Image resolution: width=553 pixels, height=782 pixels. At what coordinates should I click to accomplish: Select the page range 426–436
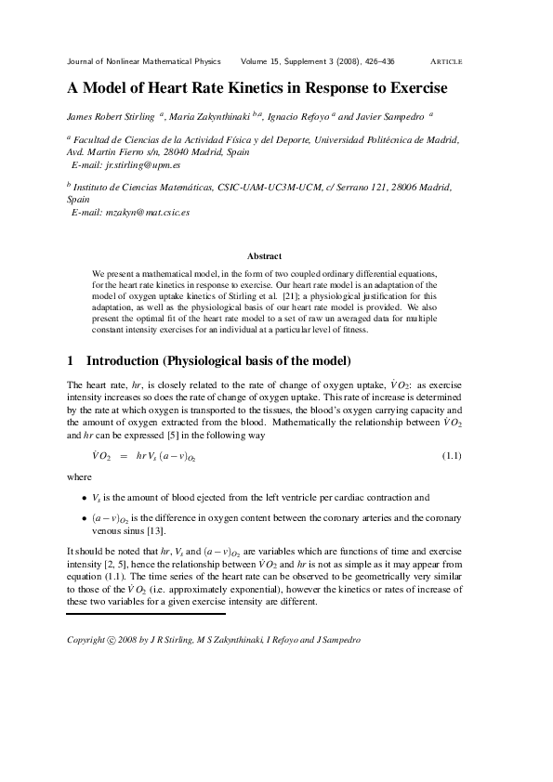click(x=375, y=61)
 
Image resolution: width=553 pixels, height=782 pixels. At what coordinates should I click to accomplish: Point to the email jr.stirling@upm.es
click(x=145, y=163)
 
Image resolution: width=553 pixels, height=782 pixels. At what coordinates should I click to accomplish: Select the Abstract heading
click(x=265, y=255)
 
